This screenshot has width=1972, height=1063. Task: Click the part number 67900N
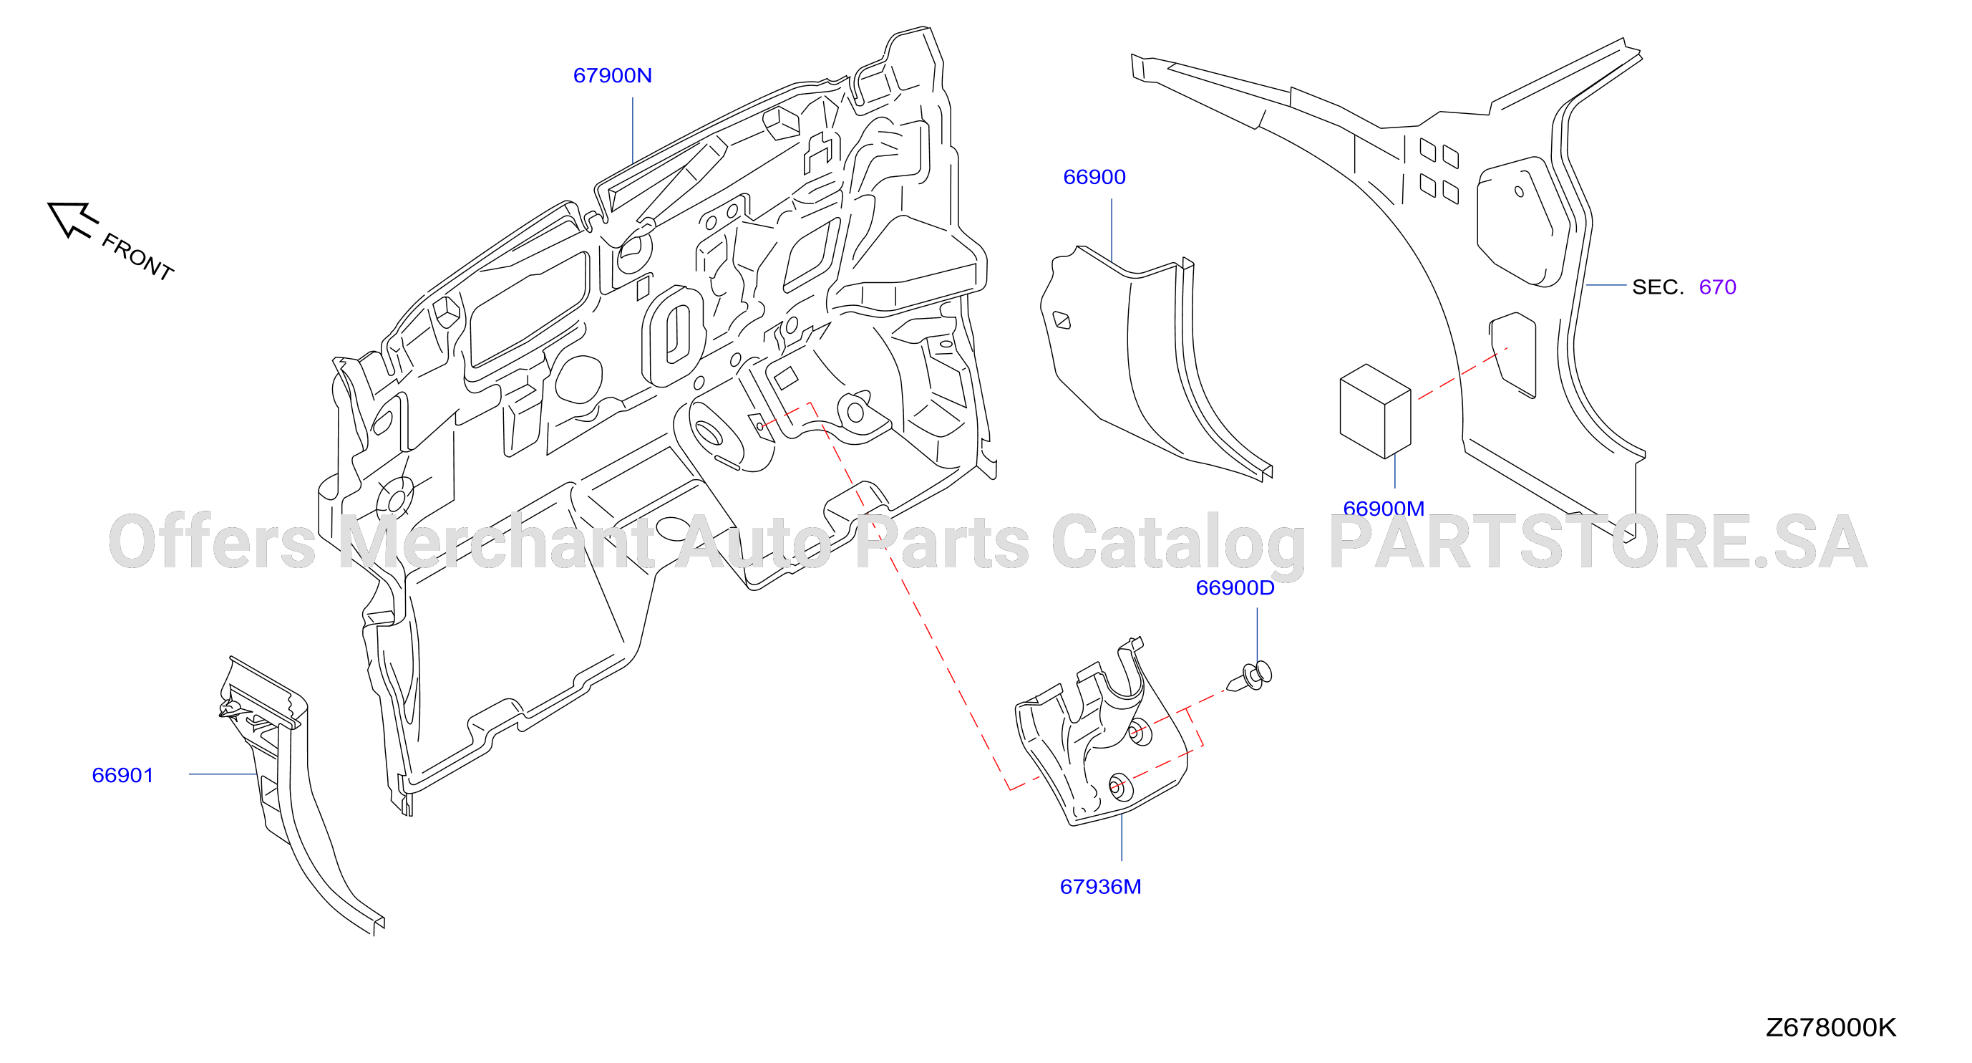[613, 75]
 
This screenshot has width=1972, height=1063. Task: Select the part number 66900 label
[1094, 177]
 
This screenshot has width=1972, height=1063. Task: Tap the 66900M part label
[1384, 508]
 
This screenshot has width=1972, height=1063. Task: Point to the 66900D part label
[1235, 587]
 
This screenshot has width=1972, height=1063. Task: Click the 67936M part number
[1100, 886]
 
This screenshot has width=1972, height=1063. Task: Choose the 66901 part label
[122, 775]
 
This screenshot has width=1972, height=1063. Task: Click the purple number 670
[1717, 287]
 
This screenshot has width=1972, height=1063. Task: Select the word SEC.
[1657, 287]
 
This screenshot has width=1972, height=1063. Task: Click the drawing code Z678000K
[1830, 1027]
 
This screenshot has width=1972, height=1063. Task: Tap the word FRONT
[138, 256]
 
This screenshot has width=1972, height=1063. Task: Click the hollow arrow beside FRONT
[72, 219]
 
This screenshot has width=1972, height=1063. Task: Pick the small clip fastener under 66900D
[1250, 676]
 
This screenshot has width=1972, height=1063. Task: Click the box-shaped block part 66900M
[1375, 411]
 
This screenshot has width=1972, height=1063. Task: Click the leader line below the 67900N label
[632, 130]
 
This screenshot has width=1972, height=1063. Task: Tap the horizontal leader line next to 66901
[223, 774]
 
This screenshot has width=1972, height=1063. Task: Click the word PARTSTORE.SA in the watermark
[1598, 542]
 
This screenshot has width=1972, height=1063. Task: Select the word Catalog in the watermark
[1178, 544]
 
